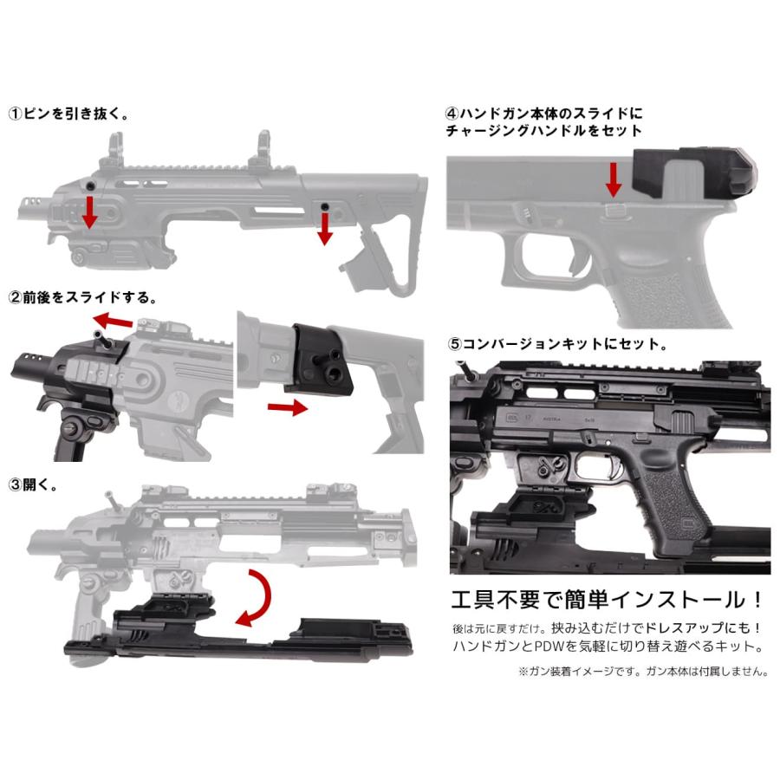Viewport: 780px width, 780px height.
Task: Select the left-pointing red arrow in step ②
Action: pyautogui.click(x=116, y=322)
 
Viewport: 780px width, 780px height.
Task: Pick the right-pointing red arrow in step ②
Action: pyautogui.click(x=287, y=407)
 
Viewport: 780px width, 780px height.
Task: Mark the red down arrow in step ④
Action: pyautogui.click(x=613, y=178)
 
